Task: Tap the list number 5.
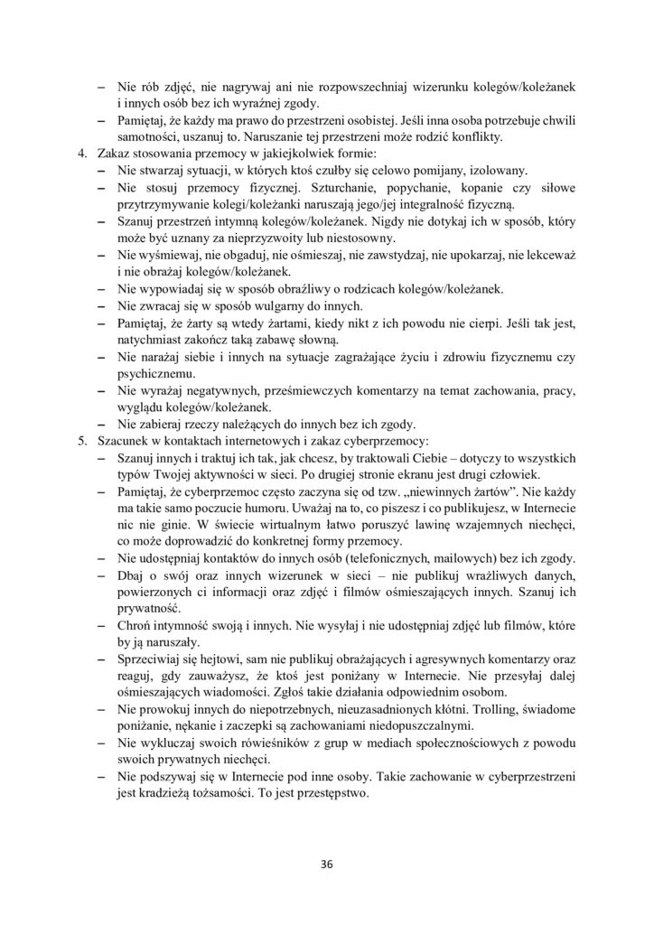(82, 441)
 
